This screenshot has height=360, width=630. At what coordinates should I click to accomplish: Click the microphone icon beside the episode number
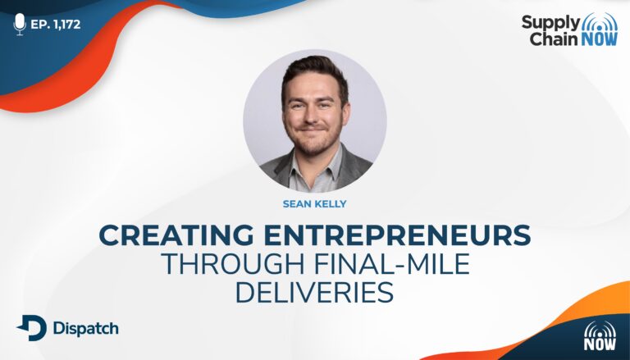coord(20,24)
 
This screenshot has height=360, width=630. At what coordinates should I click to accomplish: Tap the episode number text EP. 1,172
coord(56,25)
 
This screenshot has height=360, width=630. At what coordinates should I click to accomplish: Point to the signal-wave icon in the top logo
coord(599,21)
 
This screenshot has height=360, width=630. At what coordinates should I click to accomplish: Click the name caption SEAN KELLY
coord(315,204)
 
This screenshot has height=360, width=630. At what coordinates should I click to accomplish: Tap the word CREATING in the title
coord(176,235)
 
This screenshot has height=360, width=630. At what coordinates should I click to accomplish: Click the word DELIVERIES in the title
coord(314,293)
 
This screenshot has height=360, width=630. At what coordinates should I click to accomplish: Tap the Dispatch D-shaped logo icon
coord(32,328)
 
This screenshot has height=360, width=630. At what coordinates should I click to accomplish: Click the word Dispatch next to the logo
coord(86,328)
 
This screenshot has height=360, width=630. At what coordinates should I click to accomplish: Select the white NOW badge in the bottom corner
coord(600,335)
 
